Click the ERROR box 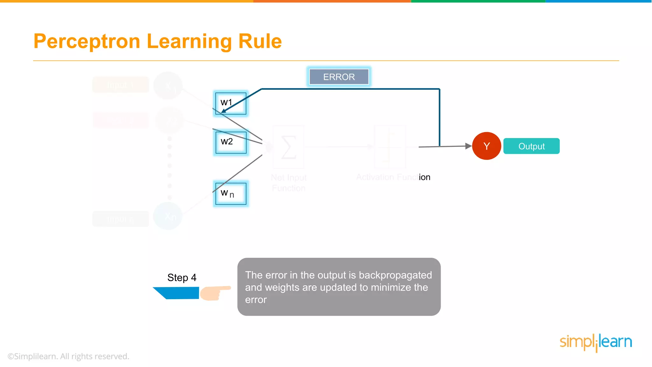[x=339, y=77]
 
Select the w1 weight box [x=231, y=103]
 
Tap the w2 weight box [x=231, y=142]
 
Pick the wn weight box [x=231, y=194]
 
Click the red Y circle [x=486, y=146]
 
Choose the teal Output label [x=531, y=146]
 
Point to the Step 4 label [x=182, y=277]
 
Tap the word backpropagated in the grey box [x=395, y=275]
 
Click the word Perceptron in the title [x=87, y=41]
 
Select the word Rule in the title [x=260, y=41]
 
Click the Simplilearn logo [x=596, y=342]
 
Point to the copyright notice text [x=68, y=356]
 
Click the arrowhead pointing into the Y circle [x=468, y=146]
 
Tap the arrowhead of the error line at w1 [x=224, y=111]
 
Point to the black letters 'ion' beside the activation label [x=424, y=177]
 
